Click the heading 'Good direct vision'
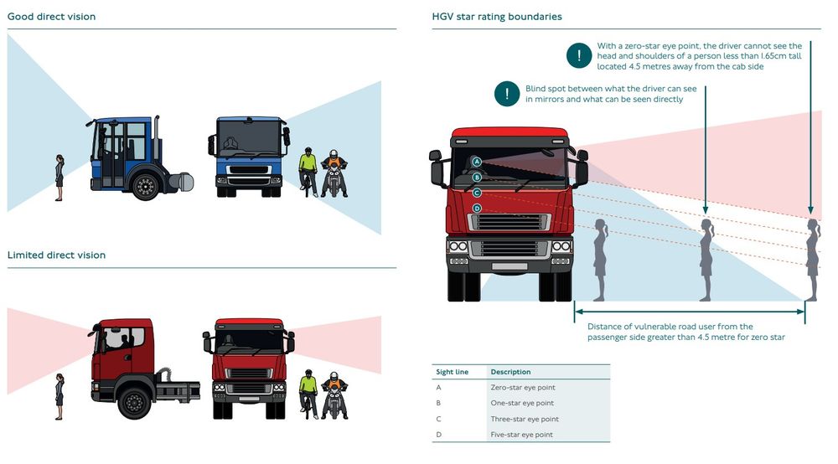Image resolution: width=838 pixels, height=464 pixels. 51,17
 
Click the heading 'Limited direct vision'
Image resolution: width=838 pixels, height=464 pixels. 56,255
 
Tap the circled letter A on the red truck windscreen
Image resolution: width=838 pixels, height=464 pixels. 476,161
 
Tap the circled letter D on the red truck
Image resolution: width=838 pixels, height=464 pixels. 476,208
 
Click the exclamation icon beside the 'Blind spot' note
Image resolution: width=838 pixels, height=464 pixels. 506,94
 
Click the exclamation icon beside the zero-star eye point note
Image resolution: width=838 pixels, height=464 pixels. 578,56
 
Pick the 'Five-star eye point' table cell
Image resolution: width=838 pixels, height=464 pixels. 522,435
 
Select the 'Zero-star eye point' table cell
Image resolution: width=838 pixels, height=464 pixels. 522,388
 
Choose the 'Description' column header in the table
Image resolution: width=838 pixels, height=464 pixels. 510,372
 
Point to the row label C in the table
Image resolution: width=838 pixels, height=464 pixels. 438,419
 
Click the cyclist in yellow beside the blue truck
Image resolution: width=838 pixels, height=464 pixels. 308,172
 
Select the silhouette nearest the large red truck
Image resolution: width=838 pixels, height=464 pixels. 601,260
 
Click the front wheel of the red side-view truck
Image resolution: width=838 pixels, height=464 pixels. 134,401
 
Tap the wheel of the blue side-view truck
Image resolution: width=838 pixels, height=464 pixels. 146,185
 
